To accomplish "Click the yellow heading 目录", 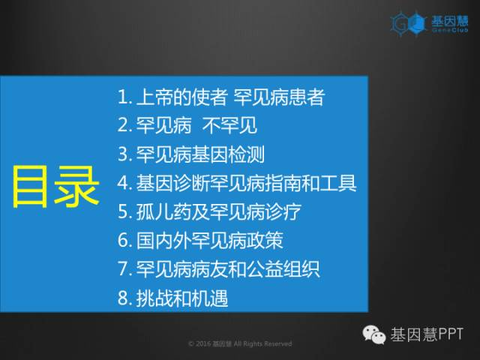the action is coord(56,187).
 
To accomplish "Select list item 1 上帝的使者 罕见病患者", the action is coord(221,97).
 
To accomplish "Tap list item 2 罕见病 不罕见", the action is coord(187,125).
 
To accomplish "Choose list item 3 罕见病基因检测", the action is coord(191,154).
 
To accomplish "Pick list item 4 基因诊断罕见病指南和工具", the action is coord(237,183).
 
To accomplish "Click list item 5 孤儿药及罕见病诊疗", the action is coord(209,211).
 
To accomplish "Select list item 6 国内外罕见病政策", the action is coord(200,240).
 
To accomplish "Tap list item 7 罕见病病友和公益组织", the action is coord(219,268).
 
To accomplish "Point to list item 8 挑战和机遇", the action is coord(173,298).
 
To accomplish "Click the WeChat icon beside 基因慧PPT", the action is coord(374,334).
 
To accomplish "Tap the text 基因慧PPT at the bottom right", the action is coord(427,334).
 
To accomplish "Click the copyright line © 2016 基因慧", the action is coord(240,343).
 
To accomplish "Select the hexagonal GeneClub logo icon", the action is coord(408,23).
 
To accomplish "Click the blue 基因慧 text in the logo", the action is coord(450,21).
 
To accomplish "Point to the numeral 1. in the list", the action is coord(124,97).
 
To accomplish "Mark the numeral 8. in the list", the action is coord(124,298).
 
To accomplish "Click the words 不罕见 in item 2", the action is coord(229,125).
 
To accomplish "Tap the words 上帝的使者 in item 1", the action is coord(181,97).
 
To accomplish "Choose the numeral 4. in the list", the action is coord(124,183).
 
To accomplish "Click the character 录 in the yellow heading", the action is coord(77,187).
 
